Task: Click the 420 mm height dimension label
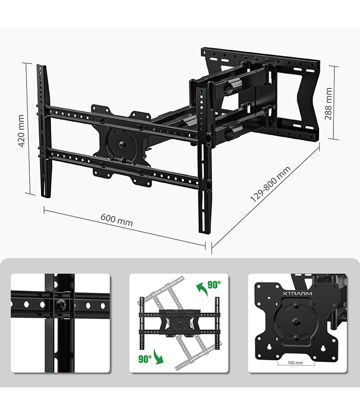pos(22,131)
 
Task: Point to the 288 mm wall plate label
pos(329,103)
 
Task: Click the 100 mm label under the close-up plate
pos(296,363)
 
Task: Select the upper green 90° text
pos(214,284)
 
